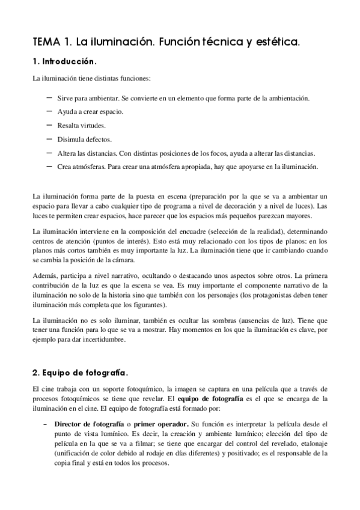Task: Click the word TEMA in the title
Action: coord(46,43)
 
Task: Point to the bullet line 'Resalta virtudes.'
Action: coord(81,126)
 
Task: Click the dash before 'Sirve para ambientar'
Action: coord(48,97)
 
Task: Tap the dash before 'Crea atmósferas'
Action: coord(48,167)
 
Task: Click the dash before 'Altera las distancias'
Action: coord(48,153)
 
